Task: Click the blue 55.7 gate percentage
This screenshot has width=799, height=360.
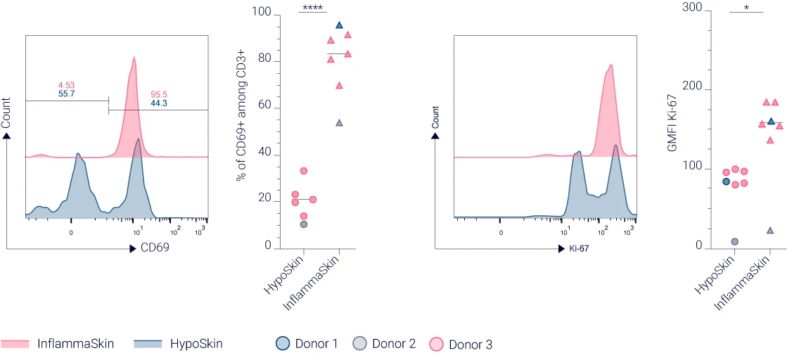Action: [68, 94]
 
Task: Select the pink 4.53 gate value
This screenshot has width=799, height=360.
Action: [68, 84]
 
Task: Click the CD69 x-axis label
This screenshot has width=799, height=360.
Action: [155, 248]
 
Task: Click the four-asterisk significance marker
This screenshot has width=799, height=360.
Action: [312, 8]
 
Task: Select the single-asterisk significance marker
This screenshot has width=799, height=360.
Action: [746, 8]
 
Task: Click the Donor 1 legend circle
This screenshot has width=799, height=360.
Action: [283, 344]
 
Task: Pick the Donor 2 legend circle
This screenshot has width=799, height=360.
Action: [359, 344]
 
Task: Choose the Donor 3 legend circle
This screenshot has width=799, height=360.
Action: [436, 344]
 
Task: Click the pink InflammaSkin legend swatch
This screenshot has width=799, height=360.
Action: [15, 344]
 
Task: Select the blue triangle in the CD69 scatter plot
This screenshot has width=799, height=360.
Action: [339, 25]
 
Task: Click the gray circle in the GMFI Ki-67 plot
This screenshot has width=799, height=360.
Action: [735, 242]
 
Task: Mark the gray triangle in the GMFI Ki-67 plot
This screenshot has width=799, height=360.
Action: [770, 231]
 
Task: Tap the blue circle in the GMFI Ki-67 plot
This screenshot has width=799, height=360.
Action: [727, 181]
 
